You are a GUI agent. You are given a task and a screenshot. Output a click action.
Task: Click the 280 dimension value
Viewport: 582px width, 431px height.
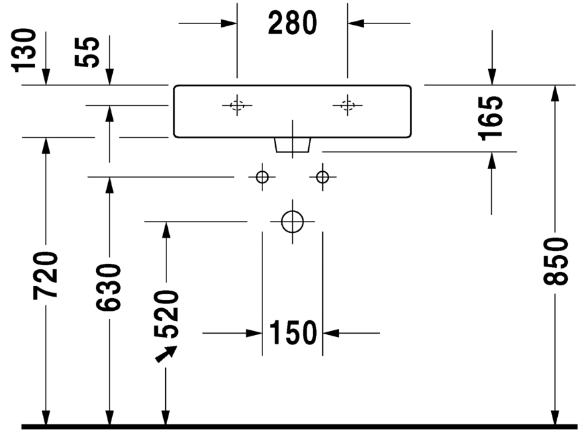tap(292, 23)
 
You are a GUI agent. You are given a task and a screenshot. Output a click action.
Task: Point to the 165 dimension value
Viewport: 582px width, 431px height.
tap(492, 117)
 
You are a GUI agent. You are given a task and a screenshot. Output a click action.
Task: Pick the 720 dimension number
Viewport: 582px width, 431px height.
tap(46, 275)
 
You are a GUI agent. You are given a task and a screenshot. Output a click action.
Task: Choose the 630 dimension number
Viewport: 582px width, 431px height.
tap(109, 287)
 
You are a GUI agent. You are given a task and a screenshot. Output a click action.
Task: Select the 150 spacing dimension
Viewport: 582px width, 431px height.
tap(293, 332)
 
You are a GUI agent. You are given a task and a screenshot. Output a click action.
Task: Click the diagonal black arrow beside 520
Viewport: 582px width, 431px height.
tap(166, 353)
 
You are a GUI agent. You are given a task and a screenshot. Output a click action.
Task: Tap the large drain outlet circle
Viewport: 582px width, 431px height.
tap(293, 221)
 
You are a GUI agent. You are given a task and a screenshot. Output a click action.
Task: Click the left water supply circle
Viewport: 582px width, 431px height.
tap(262, 177)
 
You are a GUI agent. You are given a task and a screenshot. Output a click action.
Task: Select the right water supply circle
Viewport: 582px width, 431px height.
tap(323, 177)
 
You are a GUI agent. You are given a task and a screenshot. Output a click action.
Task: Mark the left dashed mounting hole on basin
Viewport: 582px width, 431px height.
tap(237, 105)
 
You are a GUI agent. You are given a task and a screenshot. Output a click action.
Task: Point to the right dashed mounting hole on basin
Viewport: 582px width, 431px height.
tap(347, 105)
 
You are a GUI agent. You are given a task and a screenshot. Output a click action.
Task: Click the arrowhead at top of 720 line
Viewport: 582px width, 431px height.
tap(46, 145)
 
